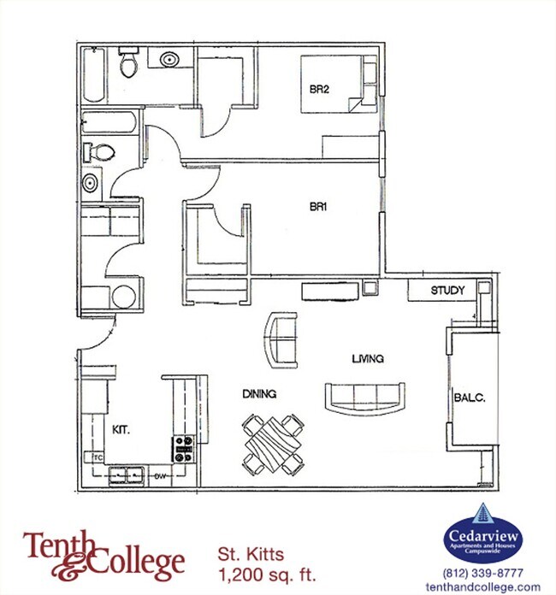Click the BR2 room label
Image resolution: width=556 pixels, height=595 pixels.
[x=320, y=88]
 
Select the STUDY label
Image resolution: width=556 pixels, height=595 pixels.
[x=447, y=291]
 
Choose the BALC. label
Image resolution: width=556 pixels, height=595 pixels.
[x=469, y=397]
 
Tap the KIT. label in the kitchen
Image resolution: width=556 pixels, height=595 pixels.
[x=121, y=429]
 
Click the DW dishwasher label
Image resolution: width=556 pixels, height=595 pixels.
[x=159, y=475]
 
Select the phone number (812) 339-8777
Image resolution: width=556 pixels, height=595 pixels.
[x=490, y=573]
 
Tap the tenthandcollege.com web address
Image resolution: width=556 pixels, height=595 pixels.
[x=490, y=586]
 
